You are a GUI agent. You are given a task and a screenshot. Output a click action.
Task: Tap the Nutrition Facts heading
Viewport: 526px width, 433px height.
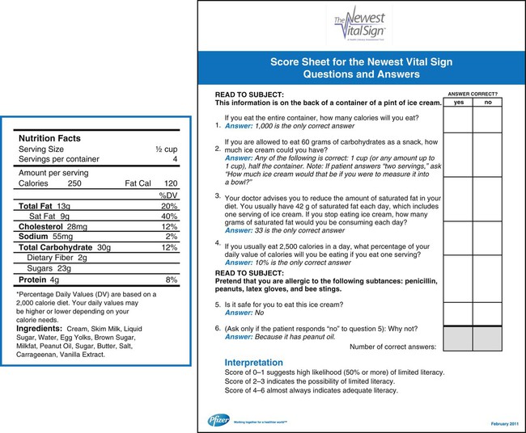click(x=49, y=139)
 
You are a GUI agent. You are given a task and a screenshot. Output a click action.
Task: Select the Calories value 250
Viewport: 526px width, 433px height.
click(x=75, y=183)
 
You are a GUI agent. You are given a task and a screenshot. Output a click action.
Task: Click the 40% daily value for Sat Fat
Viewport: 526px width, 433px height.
click(x=168, y=216)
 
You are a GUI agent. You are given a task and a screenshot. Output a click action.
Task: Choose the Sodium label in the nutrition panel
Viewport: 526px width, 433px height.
click(x=33, y=237)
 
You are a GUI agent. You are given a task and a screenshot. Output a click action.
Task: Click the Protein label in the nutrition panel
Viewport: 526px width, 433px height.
click(x=34, y=280)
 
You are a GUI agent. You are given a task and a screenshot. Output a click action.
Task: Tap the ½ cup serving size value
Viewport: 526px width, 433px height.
click(x=166, y=150)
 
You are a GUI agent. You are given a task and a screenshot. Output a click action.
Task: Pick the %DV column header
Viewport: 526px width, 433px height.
click(x=168, y=195)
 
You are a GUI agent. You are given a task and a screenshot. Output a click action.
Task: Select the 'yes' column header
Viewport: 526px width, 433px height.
click(x=458, y=103)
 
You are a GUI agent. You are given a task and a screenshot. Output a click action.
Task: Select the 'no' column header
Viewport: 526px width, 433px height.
click(x=488, y=103)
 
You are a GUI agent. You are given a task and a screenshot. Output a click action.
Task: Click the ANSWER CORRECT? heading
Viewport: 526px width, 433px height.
click(x=473, y=94)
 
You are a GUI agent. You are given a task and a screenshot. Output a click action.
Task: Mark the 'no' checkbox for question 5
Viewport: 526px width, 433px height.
click(x=488, y=313)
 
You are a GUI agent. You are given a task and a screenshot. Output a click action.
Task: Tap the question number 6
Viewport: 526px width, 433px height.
click(x=217, y=328)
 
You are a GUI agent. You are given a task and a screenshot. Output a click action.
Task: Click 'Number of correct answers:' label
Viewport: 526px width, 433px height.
click(x=392, y=347)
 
